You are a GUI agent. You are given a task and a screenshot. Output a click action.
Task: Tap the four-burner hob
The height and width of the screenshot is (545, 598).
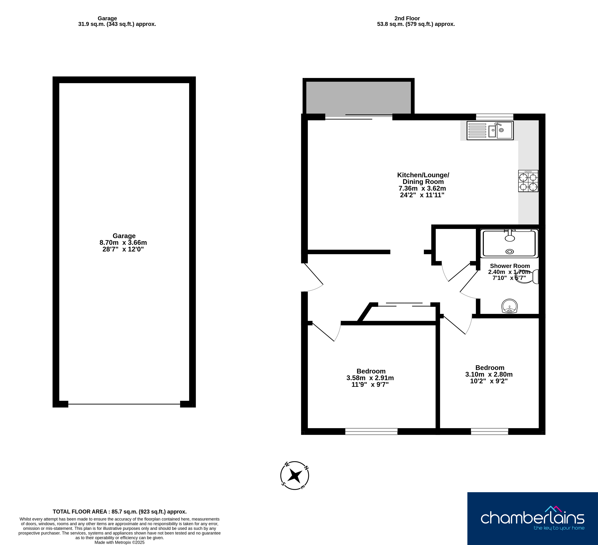(528, 181)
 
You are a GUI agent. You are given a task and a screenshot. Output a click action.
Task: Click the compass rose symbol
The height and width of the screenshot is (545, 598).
(294, 476)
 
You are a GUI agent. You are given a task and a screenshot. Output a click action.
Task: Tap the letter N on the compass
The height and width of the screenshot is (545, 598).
(306, 468)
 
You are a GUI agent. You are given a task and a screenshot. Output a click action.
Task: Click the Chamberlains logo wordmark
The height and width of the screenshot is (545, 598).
(533, 518)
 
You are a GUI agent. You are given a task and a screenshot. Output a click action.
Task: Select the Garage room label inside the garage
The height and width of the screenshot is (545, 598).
(124, 236)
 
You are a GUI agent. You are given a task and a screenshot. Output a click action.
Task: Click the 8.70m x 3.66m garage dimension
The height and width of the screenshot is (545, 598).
(123, 243)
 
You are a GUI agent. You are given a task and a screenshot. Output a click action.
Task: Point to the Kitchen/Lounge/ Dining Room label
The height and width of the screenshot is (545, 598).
(423, 178)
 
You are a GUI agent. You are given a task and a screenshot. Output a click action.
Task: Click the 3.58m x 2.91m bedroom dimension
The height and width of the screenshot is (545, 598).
(370, 378)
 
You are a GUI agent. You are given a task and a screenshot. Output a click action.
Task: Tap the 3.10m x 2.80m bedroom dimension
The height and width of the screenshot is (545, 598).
(489, 374)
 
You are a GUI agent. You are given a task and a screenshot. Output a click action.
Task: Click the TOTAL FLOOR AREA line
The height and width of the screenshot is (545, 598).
(120, 511)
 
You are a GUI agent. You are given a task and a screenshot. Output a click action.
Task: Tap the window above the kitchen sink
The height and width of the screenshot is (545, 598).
(494, 117)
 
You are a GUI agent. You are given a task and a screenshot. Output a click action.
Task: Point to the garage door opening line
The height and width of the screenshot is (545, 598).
(124, 404)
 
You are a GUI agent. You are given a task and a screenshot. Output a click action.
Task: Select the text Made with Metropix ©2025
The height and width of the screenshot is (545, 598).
(120, 542)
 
